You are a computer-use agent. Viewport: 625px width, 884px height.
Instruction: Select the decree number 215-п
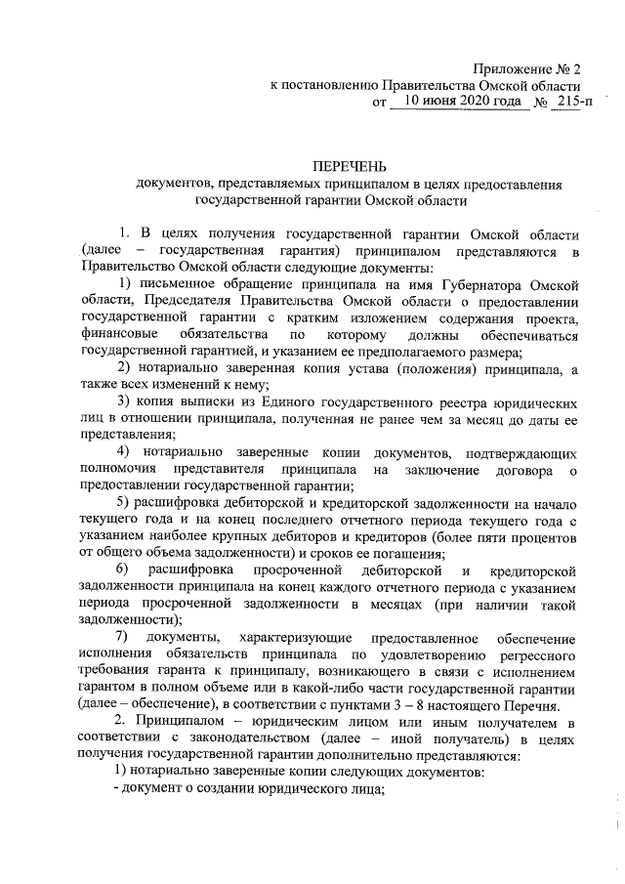569,101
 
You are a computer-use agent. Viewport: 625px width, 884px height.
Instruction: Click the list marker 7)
124,639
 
